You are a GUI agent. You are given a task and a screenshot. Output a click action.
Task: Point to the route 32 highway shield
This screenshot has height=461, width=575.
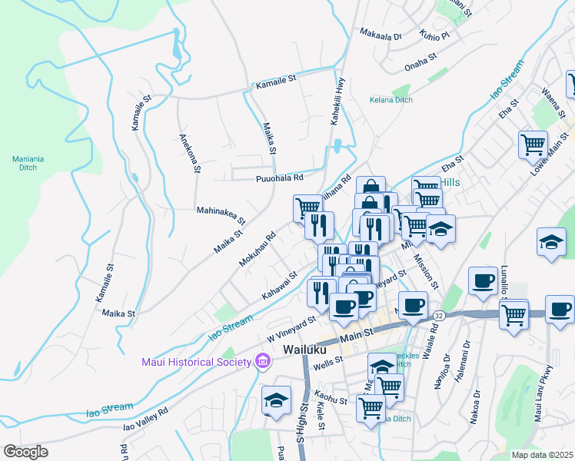[x=438, y=315]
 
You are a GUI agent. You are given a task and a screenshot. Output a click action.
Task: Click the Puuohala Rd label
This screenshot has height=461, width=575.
[x=280, y=177]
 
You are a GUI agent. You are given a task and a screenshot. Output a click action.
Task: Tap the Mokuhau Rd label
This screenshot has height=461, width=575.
[x=257, y=250]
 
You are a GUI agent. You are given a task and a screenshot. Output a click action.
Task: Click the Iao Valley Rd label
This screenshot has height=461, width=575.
[x=145, y=423]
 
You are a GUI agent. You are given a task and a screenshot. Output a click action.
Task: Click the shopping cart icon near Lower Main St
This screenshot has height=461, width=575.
[x=533, y=144]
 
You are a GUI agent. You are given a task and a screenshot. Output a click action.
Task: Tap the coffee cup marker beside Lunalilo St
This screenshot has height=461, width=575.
[x=483, y=281]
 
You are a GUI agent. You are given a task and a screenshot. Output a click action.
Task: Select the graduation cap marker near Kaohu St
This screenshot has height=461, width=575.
[x=276, y=400]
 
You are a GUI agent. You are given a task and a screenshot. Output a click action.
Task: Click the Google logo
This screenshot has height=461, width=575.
[x=25, y=451]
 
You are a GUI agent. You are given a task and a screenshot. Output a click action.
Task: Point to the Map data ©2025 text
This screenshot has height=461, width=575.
[x=542, y=455]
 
